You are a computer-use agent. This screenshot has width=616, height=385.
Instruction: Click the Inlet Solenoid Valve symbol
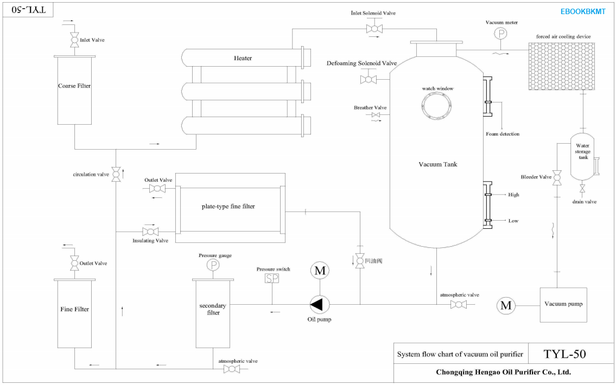374,29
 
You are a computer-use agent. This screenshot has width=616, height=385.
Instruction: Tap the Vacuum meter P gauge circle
500,34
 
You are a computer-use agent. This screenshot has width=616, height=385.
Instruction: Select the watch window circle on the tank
436,105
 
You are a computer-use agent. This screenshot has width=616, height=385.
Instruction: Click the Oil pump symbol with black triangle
320,305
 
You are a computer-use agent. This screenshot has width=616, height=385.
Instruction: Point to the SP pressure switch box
272,278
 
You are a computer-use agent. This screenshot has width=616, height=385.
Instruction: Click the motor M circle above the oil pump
320,271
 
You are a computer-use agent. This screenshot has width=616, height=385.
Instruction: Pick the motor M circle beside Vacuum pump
506,305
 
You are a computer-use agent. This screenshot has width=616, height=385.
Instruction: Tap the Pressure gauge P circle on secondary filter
213,265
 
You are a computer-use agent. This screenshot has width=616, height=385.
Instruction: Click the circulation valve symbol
116,174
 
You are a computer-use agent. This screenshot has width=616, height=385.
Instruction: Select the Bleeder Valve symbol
557,177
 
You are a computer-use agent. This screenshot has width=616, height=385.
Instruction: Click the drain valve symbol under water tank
582,189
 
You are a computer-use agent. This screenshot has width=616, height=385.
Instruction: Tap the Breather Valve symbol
376,114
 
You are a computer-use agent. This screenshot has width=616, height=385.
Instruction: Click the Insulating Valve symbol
150,232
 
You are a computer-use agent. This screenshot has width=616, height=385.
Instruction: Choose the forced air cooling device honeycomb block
561,66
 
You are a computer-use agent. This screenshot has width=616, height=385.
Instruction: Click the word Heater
243,58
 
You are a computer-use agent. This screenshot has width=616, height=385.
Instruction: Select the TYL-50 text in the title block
564,354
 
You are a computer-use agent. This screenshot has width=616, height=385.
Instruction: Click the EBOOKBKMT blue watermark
583,11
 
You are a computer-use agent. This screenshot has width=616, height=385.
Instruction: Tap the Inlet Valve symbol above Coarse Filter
74,40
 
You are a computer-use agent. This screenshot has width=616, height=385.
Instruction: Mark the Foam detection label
503,134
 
